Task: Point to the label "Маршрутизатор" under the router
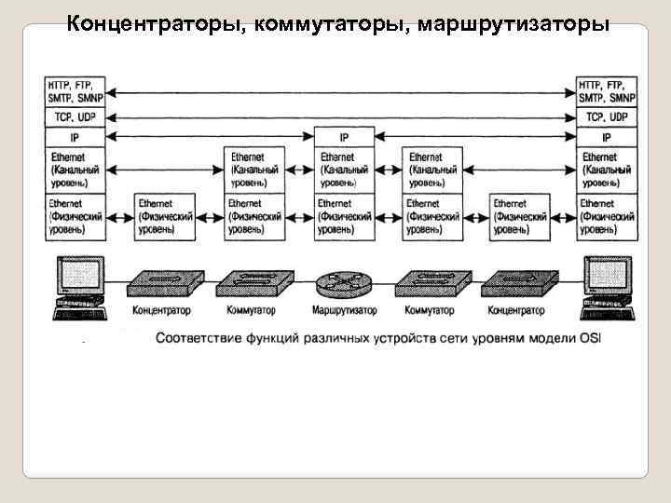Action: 345,309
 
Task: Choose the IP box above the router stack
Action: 345,136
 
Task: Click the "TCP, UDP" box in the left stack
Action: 75,117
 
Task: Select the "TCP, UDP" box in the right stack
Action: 608,117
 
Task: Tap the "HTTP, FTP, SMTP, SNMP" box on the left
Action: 75,91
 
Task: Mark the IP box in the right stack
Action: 608,136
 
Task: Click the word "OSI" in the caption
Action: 591,337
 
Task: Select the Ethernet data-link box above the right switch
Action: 432,170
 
